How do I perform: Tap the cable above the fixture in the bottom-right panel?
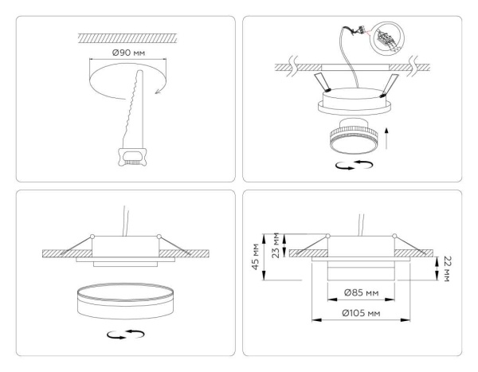click(x=363, y=218)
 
